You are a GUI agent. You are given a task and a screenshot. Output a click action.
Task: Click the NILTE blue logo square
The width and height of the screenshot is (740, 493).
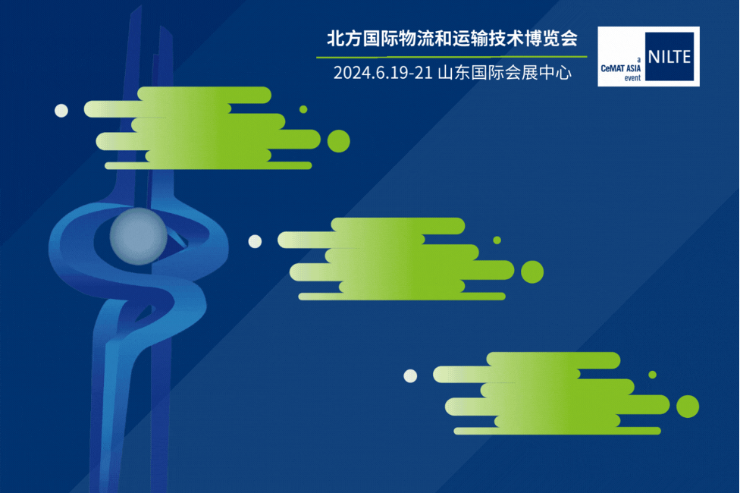(x=669, y=57)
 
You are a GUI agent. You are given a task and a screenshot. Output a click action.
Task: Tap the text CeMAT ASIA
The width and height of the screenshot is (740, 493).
(x=621, y=68)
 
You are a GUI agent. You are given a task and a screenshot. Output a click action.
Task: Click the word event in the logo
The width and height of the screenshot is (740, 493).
(x=632, y=78)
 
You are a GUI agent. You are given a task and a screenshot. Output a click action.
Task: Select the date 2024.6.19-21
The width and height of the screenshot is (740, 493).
(x=383, y=73)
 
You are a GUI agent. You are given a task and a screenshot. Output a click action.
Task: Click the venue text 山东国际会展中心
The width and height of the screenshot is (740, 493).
(x=504, y=73)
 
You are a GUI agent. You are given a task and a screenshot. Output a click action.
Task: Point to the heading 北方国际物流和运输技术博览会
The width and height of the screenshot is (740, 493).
(x=452, y=39)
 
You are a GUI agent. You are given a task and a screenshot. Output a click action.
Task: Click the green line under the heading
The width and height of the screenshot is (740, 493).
(x=452, y=57)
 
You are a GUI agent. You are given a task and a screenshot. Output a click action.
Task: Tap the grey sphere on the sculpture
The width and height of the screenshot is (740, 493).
(x=138, y=236)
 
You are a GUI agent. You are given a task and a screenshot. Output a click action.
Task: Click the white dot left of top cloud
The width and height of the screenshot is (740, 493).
(x=61, y=111)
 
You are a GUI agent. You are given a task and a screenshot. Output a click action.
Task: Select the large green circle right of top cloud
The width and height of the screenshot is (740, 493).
(x=338, y=141)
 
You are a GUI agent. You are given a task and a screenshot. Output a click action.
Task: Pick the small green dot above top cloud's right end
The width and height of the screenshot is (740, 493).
(x=303, y=109)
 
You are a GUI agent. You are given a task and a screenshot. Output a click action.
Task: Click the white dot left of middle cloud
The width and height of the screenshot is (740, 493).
(x=255, y=241)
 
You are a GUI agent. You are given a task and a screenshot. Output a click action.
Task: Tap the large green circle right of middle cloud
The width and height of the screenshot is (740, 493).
(x=532, y=272)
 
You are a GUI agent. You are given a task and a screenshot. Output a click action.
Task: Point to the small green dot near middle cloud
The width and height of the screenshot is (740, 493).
(x=497, y=240)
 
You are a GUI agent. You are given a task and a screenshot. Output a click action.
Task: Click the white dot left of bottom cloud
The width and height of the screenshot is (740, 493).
(x=410, y=376)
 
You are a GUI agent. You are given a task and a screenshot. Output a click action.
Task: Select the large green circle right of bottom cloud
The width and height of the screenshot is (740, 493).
(x=688, y=407)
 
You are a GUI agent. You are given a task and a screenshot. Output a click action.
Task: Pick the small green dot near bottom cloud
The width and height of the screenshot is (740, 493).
(x=652, y=375)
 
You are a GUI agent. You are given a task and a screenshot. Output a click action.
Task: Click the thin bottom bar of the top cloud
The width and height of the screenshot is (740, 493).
(x=208, y=166)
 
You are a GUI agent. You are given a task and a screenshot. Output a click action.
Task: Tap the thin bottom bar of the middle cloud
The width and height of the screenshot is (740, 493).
(x=402, y=297)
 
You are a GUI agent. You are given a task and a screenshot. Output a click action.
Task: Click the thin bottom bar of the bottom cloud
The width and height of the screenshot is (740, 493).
(x=557, y=431)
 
